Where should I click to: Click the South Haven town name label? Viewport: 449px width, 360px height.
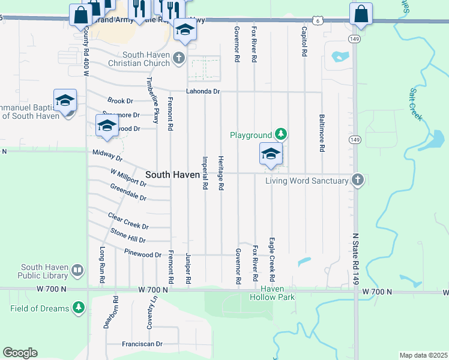tap(173, 174)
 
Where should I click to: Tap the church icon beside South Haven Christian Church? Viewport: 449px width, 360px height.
tap(178, 58)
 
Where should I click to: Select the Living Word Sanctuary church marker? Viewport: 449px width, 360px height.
tap(357, 180)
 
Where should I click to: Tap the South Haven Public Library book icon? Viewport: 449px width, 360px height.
tap(77, 271)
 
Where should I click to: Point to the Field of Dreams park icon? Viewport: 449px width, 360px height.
tap(78, 308)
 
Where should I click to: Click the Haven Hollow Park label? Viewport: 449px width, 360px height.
tap(273, 293)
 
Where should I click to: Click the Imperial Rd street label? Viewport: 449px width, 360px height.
tap(205, 173)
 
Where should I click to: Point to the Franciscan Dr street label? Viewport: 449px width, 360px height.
tap(143, 344)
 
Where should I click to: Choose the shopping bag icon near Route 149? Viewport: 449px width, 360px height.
tap(361, 14)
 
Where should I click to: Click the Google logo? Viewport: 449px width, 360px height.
tap(20, 353)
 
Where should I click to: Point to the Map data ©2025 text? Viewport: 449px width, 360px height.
tap(423, 355)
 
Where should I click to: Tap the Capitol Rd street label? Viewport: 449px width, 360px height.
tap(304, 41)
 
